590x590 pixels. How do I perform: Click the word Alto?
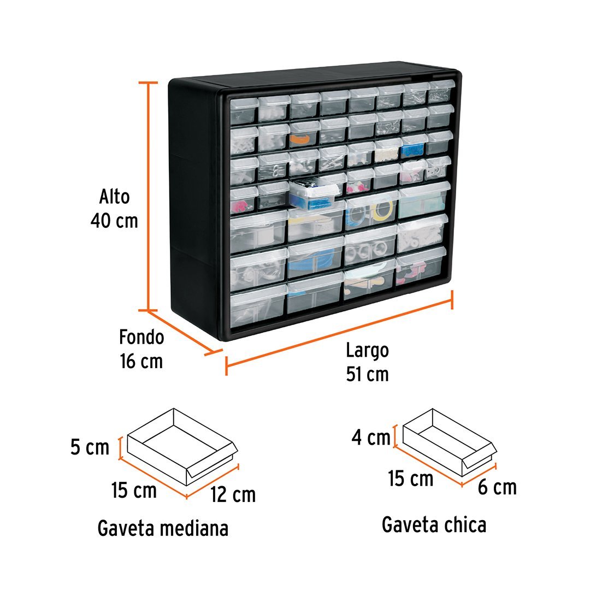(114, 197)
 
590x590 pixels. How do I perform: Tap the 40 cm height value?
(114, 221)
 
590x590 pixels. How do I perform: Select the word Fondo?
(141, 337)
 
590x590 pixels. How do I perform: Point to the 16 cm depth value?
(141, 362)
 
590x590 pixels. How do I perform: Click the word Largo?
(367, 350)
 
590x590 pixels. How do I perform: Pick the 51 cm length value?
(367, 375)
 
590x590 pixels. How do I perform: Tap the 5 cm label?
(90, 447)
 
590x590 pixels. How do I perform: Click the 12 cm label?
(232, 494)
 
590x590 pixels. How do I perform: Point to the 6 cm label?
(497, 487)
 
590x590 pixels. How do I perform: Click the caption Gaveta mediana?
(163, 528)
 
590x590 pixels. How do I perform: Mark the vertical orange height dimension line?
(148, 197)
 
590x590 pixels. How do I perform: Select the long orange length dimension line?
(339, 332)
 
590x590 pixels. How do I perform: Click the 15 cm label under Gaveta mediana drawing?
(134, 490)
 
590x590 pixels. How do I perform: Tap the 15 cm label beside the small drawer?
(411, 479)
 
